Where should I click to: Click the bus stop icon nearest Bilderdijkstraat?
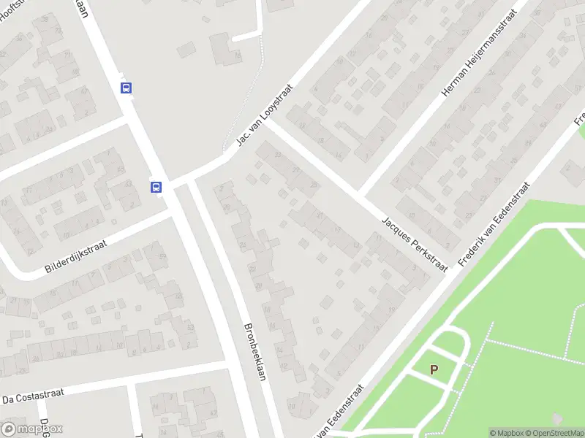[156, 187]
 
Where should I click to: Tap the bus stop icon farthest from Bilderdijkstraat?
[126, 88]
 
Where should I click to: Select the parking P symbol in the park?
[434, 370]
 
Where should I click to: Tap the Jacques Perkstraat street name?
[414, 244]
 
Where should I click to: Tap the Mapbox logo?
[32, 429]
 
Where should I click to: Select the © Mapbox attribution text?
[505, 433]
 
